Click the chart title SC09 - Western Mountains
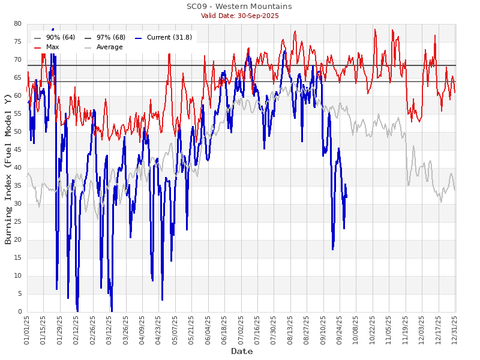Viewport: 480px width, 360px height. point(239,7)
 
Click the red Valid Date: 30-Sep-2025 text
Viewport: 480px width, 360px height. point(239,16)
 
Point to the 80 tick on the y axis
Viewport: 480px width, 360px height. point(17,24)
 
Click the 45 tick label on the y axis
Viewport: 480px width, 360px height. point(17,150)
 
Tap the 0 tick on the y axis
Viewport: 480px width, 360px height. point(19,312)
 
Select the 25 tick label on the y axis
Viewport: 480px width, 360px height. point(17,222)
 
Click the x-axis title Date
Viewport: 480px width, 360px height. point(242,352)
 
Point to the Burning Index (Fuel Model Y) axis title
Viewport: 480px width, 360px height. point(8,168)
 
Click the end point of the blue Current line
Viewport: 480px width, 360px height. point(346,197)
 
